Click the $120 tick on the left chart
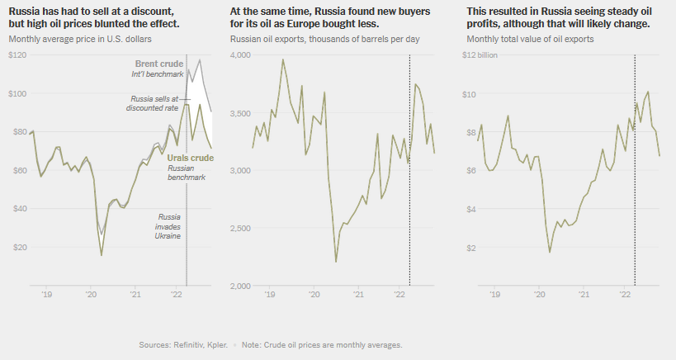tap(17, 54)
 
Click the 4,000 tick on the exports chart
tap(241, 54)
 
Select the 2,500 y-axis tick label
tap(241, 229)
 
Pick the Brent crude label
tap(158, 64)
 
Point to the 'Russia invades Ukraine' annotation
tap(168, 225)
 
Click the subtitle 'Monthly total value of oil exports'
tap(530, 40)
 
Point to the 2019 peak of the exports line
tap(283, 59)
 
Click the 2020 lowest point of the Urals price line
tap(102, 255)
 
